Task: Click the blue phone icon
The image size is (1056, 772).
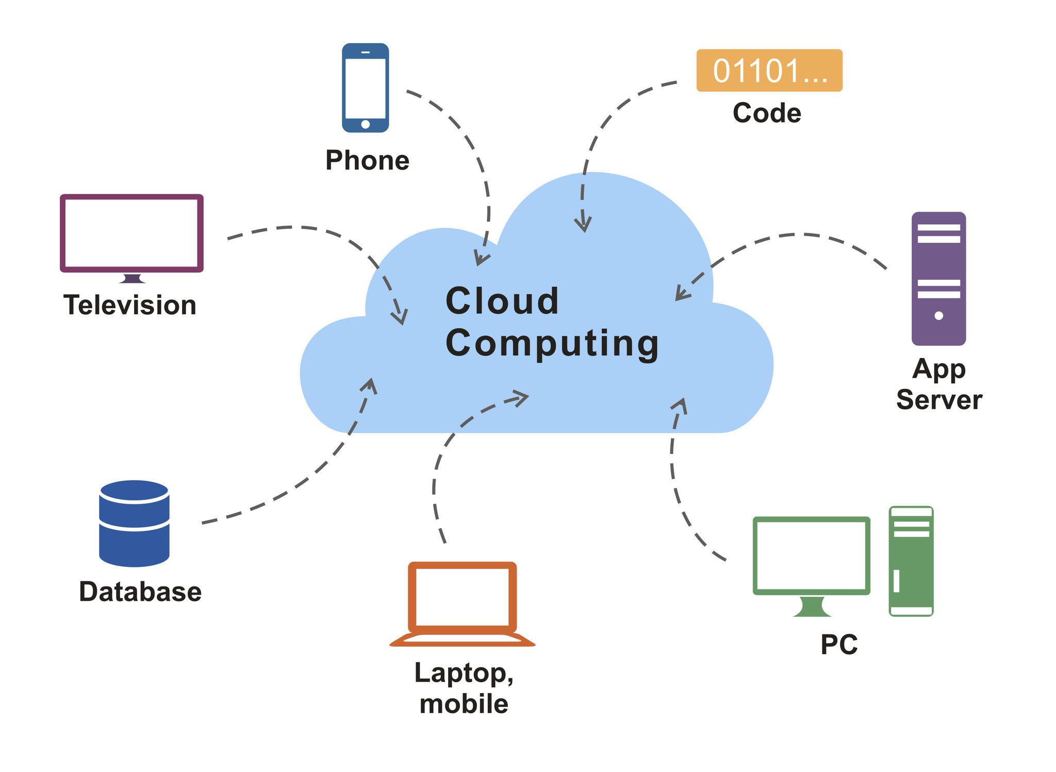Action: point(365,88)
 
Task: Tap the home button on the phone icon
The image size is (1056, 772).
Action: point(365,124)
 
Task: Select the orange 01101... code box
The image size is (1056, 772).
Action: point(769,71)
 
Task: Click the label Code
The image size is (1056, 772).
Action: point(767,113)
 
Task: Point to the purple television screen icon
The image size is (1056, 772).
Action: point(132,233)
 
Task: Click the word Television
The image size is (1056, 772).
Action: point(130,305)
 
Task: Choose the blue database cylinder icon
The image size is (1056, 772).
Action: point(134,523)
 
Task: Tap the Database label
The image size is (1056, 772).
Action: point(140,592)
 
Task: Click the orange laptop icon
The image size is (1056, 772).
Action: point(462,603)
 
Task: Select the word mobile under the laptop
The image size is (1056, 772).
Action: point(464,704)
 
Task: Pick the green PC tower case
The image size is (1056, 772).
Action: point(911,561)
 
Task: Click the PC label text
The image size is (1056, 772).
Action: point(839,644)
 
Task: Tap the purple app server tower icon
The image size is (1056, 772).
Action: point(938,278)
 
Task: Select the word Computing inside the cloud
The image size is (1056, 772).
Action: point(552,344)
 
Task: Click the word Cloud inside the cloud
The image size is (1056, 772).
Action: point(502,301)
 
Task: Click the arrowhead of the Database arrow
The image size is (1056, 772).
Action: point(370,384)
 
